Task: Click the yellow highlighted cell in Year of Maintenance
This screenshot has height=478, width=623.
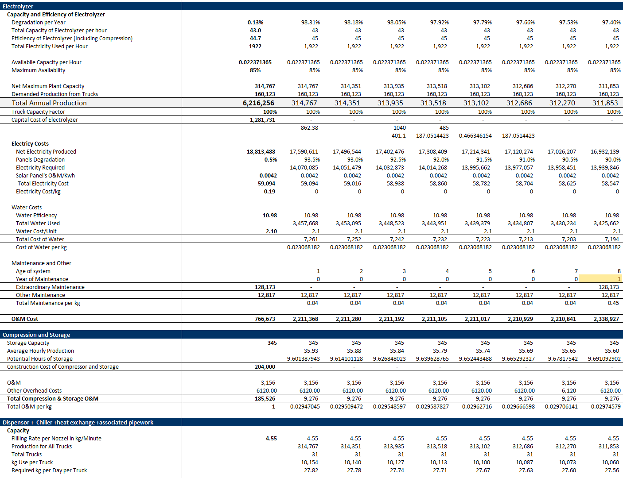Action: tap(600, 279)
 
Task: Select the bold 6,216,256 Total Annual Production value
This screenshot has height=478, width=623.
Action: tap(258, 103)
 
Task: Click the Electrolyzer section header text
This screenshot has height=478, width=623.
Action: tap(18, 6)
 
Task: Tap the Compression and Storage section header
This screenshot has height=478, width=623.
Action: tap(36, 335)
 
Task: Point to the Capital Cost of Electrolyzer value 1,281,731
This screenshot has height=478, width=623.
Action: tap(262, 119)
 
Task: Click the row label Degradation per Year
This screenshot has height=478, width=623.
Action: tap(39, 22)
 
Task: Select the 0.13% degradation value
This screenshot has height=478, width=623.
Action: tap(255, 22)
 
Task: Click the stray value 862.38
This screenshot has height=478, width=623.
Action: tap(309, 127)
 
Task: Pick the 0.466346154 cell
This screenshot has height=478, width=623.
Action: tap(475, 136)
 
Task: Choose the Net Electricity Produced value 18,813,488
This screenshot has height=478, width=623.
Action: tap(261, 152)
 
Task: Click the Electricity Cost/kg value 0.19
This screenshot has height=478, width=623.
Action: tap(269, 192)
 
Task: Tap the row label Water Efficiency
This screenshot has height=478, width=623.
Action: tap(36, 215)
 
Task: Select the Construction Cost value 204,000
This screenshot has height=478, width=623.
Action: tap(265, 366)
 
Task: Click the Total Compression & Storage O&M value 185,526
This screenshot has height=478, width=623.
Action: tap(265, 398)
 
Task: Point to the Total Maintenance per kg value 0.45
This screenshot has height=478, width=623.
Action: tap(613, 303)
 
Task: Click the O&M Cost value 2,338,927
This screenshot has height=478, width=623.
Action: tap(606, 319)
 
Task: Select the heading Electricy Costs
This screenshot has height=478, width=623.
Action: tap(30, 144)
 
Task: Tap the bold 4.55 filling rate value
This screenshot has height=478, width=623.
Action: tap(271, 438)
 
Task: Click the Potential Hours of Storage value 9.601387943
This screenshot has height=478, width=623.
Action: tap(304, 358)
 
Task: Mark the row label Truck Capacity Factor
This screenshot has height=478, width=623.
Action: tap(38, 112)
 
